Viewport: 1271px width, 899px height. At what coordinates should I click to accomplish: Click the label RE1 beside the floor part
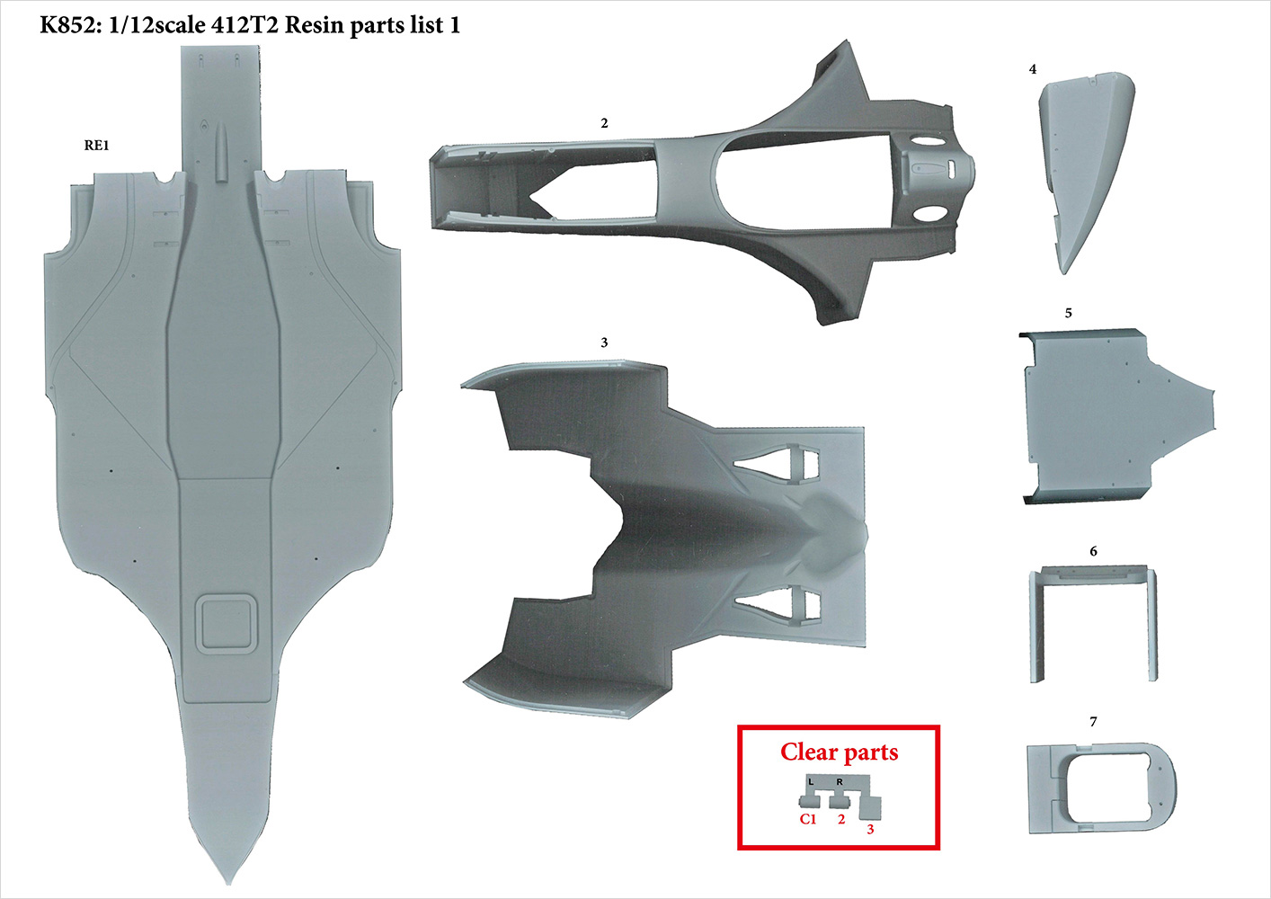point(96,146)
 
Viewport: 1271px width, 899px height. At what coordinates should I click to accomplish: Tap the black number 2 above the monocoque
point(604,123)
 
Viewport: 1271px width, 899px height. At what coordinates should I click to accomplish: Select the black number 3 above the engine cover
point(604,343)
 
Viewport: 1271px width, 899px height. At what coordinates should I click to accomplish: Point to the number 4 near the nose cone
point(1033,69)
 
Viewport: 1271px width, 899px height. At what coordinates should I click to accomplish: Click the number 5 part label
point(1068,314)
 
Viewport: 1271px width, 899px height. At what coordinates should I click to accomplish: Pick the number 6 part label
point(1093,551)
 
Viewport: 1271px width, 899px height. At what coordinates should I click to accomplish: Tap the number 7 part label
point(1093,722)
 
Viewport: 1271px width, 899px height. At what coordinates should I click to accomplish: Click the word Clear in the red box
point(809,752)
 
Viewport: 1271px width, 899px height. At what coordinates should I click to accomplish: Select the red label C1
point(808,819)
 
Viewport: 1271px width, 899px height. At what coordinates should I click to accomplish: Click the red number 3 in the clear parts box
point(870,829)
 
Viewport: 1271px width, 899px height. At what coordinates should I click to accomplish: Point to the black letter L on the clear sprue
point(811,782)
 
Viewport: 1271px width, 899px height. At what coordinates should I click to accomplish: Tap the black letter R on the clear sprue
point(840,782)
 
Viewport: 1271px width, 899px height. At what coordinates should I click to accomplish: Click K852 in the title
point(68,25)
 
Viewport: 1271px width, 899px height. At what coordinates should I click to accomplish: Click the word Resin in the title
point(315,25)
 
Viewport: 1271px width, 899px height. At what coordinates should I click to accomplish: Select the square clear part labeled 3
point(870,808)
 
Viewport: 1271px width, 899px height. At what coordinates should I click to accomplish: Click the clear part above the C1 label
point(807,799)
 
